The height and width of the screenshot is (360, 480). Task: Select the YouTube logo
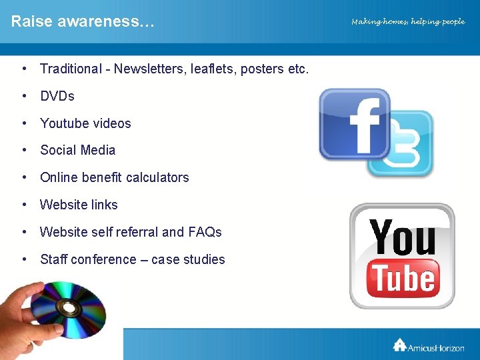click(402, 256)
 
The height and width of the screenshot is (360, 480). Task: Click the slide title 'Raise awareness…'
click(82, 21)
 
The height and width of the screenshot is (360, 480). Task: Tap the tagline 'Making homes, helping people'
click(408, 22)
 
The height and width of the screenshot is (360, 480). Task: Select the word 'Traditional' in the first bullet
click(70, 69)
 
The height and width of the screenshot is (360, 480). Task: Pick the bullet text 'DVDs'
click(57, 96)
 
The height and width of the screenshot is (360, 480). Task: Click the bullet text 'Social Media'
click(77, 150)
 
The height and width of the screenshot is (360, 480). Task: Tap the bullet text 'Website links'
click(79, 205)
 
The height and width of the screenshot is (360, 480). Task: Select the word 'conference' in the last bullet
click(103, 259)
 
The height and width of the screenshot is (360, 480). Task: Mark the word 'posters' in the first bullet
click(260, 69)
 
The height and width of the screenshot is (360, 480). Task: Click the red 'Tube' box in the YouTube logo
click(403, 277)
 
